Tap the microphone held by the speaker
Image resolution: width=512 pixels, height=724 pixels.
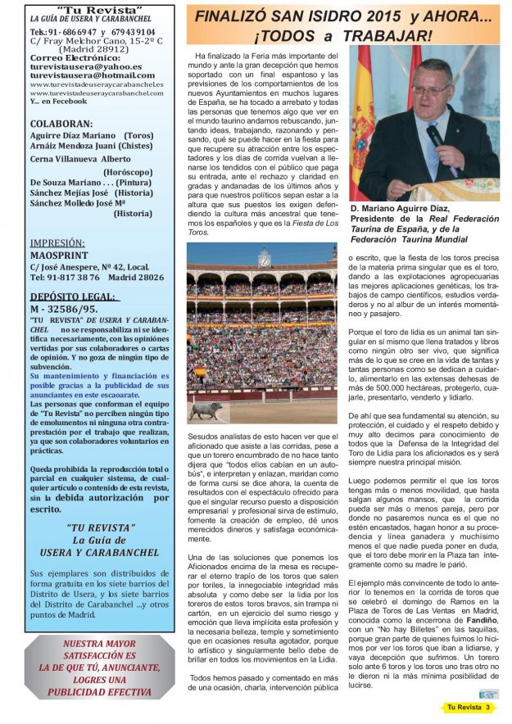(x=438, y=140)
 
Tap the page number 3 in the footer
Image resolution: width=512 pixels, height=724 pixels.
(x=489, y=707)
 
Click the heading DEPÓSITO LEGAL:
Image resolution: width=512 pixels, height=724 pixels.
(x=72, y=296)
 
